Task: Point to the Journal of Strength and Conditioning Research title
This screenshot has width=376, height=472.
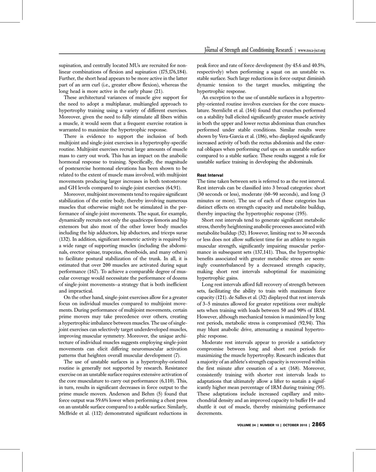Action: pos(249,50)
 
